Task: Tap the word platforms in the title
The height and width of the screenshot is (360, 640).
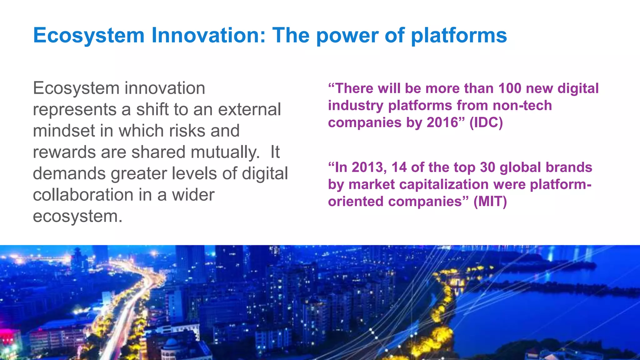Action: (459, 35)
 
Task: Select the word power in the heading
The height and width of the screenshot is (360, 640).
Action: (347, 35)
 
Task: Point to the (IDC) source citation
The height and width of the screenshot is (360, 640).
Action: (486, 122)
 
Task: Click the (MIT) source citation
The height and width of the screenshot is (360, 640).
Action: (490, 201)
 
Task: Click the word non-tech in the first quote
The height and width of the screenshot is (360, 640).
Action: (522, 105)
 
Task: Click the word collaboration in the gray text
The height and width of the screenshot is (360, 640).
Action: (83, 195)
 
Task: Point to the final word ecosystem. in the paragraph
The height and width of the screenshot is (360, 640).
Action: (77, 216)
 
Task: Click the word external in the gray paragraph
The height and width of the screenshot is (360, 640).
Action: (249, 109)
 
